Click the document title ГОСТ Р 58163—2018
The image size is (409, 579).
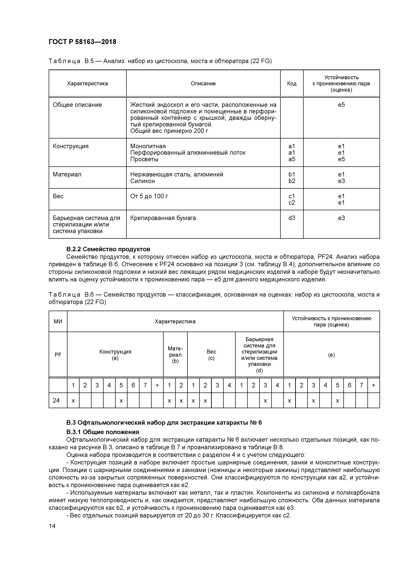click(x=82, y=42)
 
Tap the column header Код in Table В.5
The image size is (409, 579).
click(x=292, y=84)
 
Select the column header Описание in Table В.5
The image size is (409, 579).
click(x=203, y=84)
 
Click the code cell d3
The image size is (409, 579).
click(x=292, y=218)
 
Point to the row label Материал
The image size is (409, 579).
click(x=67, y=174)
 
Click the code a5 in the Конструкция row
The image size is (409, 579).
click(x=292, y=159)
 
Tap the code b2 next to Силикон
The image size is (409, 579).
click(x=292, y=181)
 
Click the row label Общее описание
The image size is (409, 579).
click(x=77, y=105)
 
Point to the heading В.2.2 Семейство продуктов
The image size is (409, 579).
click(x=108, y=249)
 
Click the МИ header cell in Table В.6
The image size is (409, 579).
click(x=58, y=321)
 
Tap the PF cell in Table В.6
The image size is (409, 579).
click(x=58, y=355)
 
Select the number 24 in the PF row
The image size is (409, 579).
click(x=56, y=400)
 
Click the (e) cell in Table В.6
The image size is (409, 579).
click(x=331, y=355)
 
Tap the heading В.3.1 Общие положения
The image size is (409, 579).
click(x=103, y=432)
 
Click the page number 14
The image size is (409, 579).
click(x=52, y=526)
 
